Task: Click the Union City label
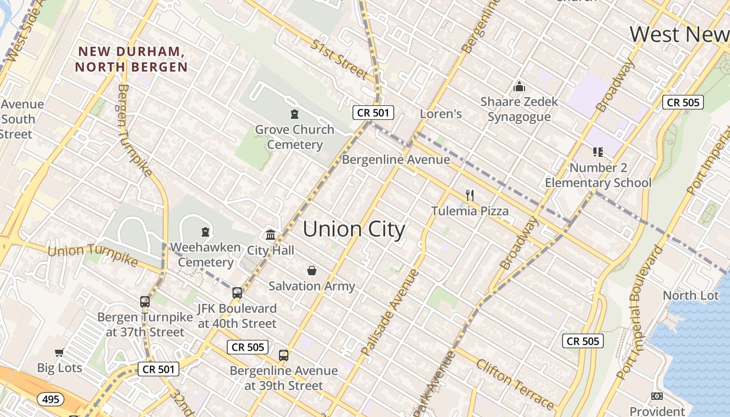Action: click(x=354, y=229)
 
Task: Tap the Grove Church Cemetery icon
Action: click(x=295, y=114)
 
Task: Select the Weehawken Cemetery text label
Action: click(x=205, y=254)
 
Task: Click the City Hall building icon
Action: click(x=271, y=235)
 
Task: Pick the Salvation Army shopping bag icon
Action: click(x=312, y=271)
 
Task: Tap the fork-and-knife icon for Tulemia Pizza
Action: click(x=470, y=195)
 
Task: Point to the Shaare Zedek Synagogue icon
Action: click(x=519, y=87)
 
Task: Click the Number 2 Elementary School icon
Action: click(x=598, y=152)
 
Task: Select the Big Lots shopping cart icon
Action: click(x=59, y=353)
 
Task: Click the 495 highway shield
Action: click(x=51, y=399)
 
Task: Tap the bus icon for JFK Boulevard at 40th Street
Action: click(x=237, y=293)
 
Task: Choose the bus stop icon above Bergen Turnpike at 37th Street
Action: click(x=145, y=301)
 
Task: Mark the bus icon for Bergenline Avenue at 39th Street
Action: click(x=284, y=355)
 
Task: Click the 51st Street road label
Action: click(x=339, y=59)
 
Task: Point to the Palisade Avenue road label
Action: click(x=390, y=312)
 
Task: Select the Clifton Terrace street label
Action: click(x=514, y=384)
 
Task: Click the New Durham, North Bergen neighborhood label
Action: click(x=131, y=59)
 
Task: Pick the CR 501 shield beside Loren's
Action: click(x=373, y=112)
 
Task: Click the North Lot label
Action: click(x=690, y=296)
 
